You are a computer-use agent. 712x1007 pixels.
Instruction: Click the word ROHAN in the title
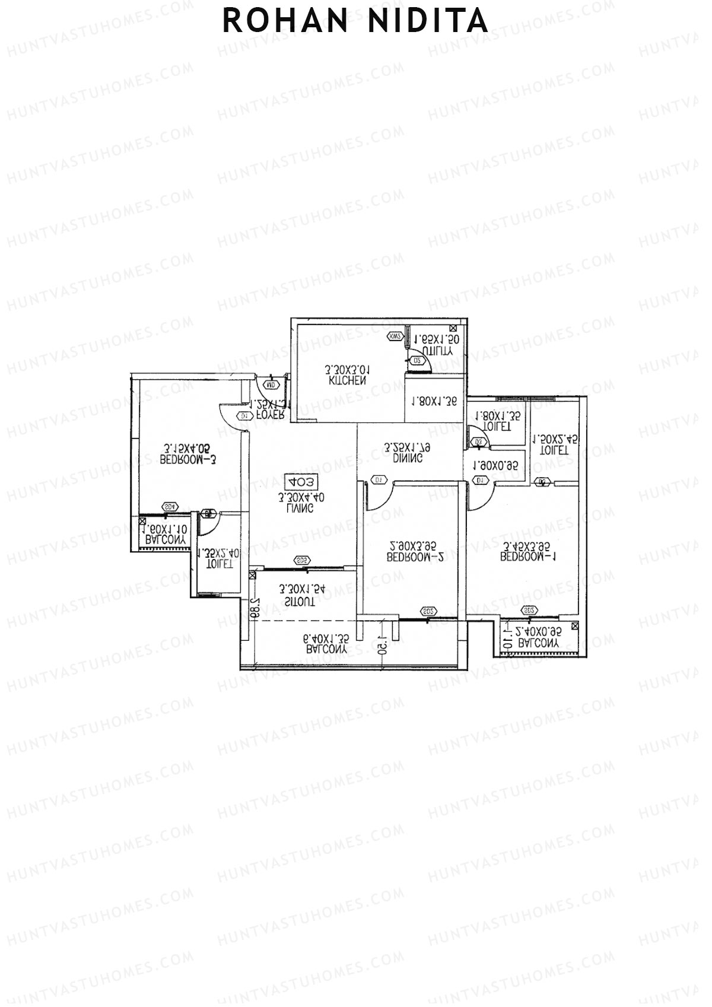click(285, 21)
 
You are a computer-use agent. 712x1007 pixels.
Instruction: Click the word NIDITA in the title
click(428, 21)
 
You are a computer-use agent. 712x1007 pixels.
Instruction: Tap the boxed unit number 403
click(301, 481)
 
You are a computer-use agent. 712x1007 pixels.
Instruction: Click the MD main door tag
click(272, 385)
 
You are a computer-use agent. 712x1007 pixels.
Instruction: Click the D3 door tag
click(479, 442)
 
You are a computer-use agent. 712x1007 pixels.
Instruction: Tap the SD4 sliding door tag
click(170, 507)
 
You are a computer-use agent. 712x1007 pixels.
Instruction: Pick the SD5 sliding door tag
click(302, 561)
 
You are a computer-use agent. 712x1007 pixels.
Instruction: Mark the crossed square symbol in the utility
click(454, 328)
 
